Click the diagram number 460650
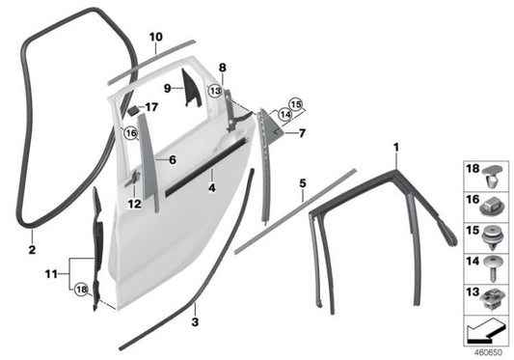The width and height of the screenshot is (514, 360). (488, 353)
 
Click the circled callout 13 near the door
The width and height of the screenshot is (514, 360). (215, 91)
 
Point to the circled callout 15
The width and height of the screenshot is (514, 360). (296, 104)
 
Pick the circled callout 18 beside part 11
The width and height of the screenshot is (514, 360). (81, 290)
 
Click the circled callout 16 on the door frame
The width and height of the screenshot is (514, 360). (131, 133)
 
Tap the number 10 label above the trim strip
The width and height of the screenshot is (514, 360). (156, 37)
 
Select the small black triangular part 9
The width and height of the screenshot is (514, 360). (191, 89)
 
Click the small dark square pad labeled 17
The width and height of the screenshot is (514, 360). (132, 110)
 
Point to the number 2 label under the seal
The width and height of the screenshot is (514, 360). (32, 250)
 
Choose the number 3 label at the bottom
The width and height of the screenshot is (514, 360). (195, 322)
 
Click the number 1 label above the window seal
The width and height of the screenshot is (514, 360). (396, 148)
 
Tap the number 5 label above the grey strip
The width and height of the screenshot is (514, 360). (303, 183)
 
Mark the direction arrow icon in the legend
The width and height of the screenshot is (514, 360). (485, 331)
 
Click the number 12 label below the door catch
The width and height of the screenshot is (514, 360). (134, 204)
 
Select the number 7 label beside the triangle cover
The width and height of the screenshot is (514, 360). (302, 133)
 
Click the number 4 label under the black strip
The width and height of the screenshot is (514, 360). (212, 187)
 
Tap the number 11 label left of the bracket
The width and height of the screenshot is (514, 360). (51, 274)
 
